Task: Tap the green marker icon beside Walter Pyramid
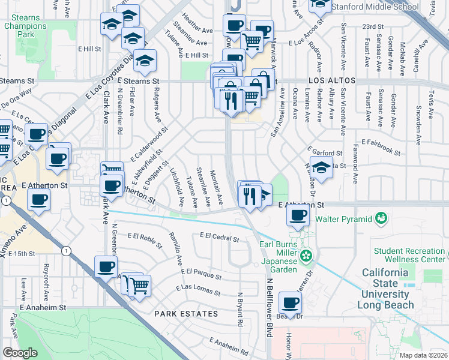click(x=379, y=218)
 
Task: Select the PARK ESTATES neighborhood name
click(x=185, y=314)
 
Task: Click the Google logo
click(x=20, y=352)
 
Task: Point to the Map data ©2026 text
click(x=423, y=355)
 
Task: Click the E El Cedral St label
click(x=220, y=238)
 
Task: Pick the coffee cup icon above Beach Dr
click(x=291, y=303)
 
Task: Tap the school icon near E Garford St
click(x=321, y=169)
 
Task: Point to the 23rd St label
click(x=373, y=27)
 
